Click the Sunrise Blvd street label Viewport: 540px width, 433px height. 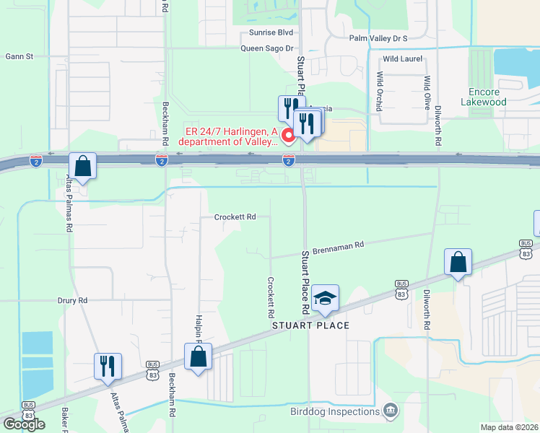click(271, 32)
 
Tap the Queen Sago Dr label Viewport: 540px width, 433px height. click(266, 48)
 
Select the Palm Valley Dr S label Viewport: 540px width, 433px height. click(378, 38)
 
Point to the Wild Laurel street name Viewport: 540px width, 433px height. click(400, 58)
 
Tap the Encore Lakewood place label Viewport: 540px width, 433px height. click(487, 97)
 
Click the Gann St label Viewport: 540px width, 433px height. click(19, 56)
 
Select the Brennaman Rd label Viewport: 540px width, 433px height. click(339, 248)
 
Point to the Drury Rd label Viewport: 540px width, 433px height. click(72, 299)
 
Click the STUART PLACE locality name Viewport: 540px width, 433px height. click(310, 325)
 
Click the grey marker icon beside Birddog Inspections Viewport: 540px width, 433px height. click(391, 411)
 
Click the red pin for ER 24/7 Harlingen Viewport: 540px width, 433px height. click(288, 136)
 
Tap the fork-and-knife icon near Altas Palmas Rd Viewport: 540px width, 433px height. click(108, 366)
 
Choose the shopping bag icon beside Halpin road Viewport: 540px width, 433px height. click(198, 357)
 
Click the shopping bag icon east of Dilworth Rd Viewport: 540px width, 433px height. click(458, 262)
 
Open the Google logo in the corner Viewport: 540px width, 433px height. click(23, 424)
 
